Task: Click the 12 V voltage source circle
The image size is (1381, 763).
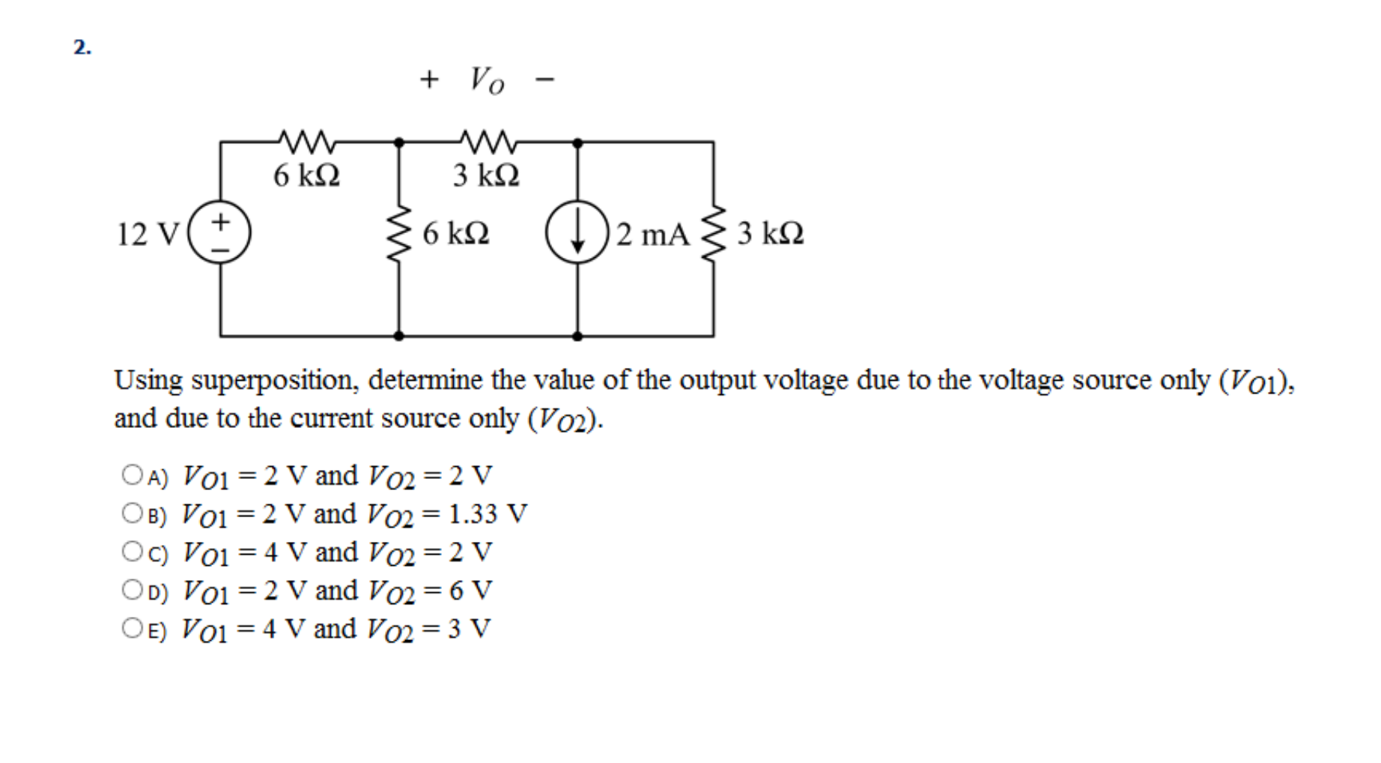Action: click(x=219, y=232)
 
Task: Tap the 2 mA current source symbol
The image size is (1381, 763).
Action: click(x=577, y=232)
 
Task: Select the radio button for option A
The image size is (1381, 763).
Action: click(x=132, y=474)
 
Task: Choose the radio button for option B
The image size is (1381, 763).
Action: click(x=132, y=513)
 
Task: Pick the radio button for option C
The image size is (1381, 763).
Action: click(x=132, y=552)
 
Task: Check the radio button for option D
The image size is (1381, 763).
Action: click(x=132, y=590)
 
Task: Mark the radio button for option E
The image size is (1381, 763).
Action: click(x=132, y=627)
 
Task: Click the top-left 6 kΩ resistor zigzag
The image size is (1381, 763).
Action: click(x=306, y=140)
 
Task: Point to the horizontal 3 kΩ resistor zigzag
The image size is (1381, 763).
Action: click(x=487, y=140)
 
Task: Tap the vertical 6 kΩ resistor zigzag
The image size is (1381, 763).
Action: click(x=399, y=232)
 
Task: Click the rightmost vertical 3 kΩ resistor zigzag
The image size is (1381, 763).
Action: click(x=713, y=232)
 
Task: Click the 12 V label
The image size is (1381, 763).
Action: click(x=148, y=234)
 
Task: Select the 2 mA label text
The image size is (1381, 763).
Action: click(x=652, y=234)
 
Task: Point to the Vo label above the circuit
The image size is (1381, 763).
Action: click(x=487, y=79)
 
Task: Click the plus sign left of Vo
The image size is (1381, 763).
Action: click(x=428, y=79)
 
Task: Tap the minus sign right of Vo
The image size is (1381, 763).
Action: click(x=544, y=79)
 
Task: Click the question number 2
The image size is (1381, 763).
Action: click(x=82, y=47)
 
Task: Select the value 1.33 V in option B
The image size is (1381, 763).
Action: click(x=488, y=514)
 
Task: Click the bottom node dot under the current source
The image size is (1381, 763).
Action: click(x=577, y=336)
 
